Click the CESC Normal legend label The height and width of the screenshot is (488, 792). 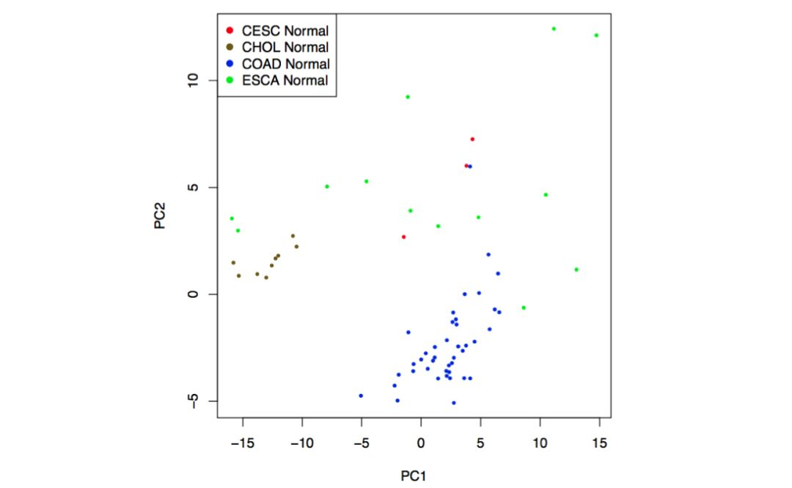[x=285, y=30]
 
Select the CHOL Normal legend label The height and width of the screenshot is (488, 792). [x=285, y=47]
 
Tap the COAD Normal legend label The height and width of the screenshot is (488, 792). [x=285, y=64]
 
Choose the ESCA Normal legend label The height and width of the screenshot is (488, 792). [x=285, y=80]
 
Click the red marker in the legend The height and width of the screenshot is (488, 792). [x=230, y=30]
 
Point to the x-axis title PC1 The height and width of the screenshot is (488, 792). [x=414, y=476]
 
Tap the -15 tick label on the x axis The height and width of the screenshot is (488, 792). [x=242, y=444]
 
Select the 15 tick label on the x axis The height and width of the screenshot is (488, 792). [x=599, y=444]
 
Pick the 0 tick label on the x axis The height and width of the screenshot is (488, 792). [x=421, y=444]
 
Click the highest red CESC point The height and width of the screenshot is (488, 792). [x=472, y=139]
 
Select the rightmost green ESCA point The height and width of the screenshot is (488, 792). [x=596, y=35]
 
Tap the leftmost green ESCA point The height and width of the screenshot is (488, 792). [x=232, y=218]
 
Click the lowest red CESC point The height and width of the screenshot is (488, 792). [x=403, y=236]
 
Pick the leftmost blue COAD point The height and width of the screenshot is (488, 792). [x=361, y=396]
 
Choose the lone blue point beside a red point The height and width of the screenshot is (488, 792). [x=470, y=167]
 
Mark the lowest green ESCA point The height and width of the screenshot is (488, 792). [x=524, y=307]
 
